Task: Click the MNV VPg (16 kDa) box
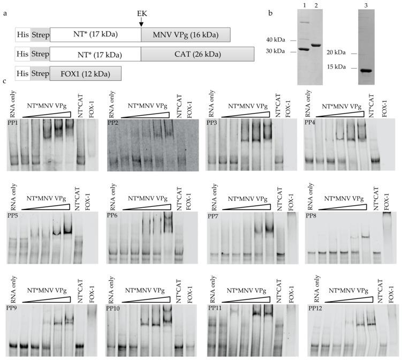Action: (185, 35)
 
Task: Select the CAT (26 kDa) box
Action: (185, 55)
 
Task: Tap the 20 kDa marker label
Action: (337, 54)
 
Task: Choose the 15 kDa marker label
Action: (337, 68)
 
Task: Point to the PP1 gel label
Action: (13, 123)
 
